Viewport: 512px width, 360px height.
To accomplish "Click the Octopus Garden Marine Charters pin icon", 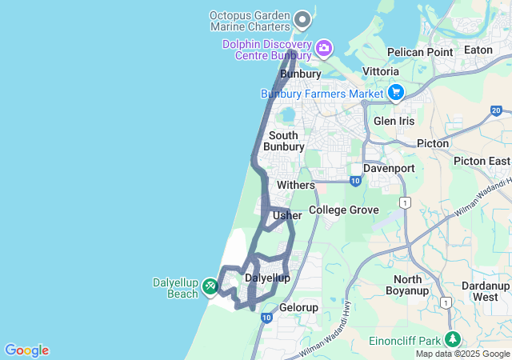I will pyautogui.click(x=302, y=18).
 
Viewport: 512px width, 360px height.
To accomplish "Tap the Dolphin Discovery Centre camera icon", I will pyautogui.click(x=323, y=48).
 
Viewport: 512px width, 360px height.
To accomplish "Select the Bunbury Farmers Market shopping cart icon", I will pyautogui.click(x=395, y=94).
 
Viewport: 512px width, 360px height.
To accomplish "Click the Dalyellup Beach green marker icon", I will pyautogui.click(x=210, y=285).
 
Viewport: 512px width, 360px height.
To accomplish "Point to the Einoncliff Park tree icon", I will pyautogui.click(x=454, y=339).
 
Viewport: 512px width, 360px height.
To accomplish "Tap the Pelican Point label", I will pyautogui.click(x=420, y=52).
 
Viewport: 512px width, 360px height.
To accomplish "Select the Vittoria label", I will pyautogui.click(x=381, y=71).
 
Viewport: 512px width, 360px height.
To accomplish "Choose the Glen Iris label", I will pyautogui.click(x=394, y=121).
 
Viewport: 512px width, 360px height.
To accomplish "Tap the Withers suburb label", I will pyautogui.click(x=295, y=185).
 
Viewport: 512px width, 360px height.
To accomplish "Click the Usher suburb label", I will pyautogui.click(x=287, y=215).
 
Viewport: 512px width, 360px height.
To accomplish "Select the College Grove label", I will pyautogui.click(x=343, y=210).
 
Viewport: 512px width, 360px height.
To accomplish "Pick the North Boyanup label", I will pyautogui.click(x=407, y=285).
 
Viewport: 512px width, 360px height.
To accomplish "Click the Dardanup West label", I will pyautogui.click(x=485, y=291).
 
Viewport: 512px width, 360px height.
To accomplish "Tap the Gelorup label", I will pyautogui.click(x=298, y=308).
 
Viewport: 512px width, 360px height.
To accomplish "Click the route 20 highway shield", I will pyautogui.click(x=497, y=110).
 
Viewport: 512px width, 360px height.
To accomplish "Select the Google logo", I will pyautogui.click(x=26, y=350).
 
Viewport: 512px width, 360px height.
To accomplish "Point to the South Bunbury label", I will pyautogui.click(x=284, y=141).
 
